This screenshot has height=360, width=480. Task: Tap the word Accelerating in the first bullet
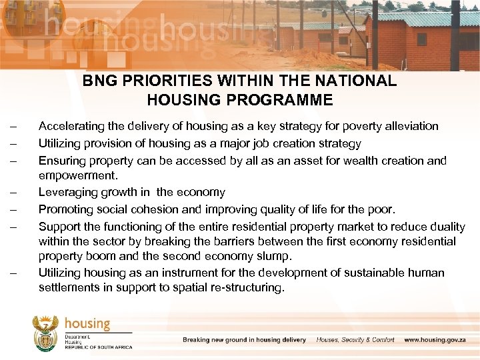click(69, 126)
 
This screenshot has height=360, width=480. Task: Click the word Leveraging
click(66, 192)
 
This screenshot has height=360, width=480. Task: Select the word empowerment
click(77, 176)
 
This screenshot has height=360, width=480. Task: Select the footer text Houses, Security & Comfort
click(355, 340)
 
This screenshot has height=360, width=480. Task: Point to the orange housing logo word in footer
click(87, 323)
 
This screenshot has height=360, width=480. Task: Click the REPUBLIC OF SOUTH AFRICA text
click(99, 347)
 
